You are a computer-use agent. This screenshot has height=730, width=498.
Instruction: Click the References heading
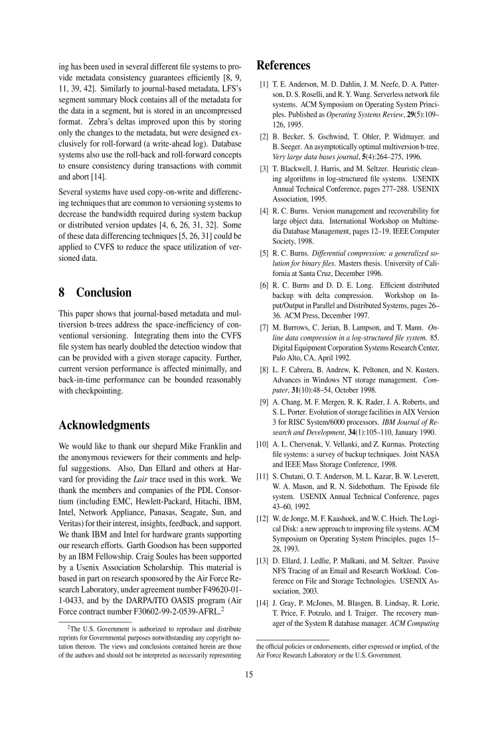click(283, 66)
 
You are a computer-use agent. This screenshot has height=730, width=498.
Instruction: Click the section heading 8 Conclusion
click(95, 293)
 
